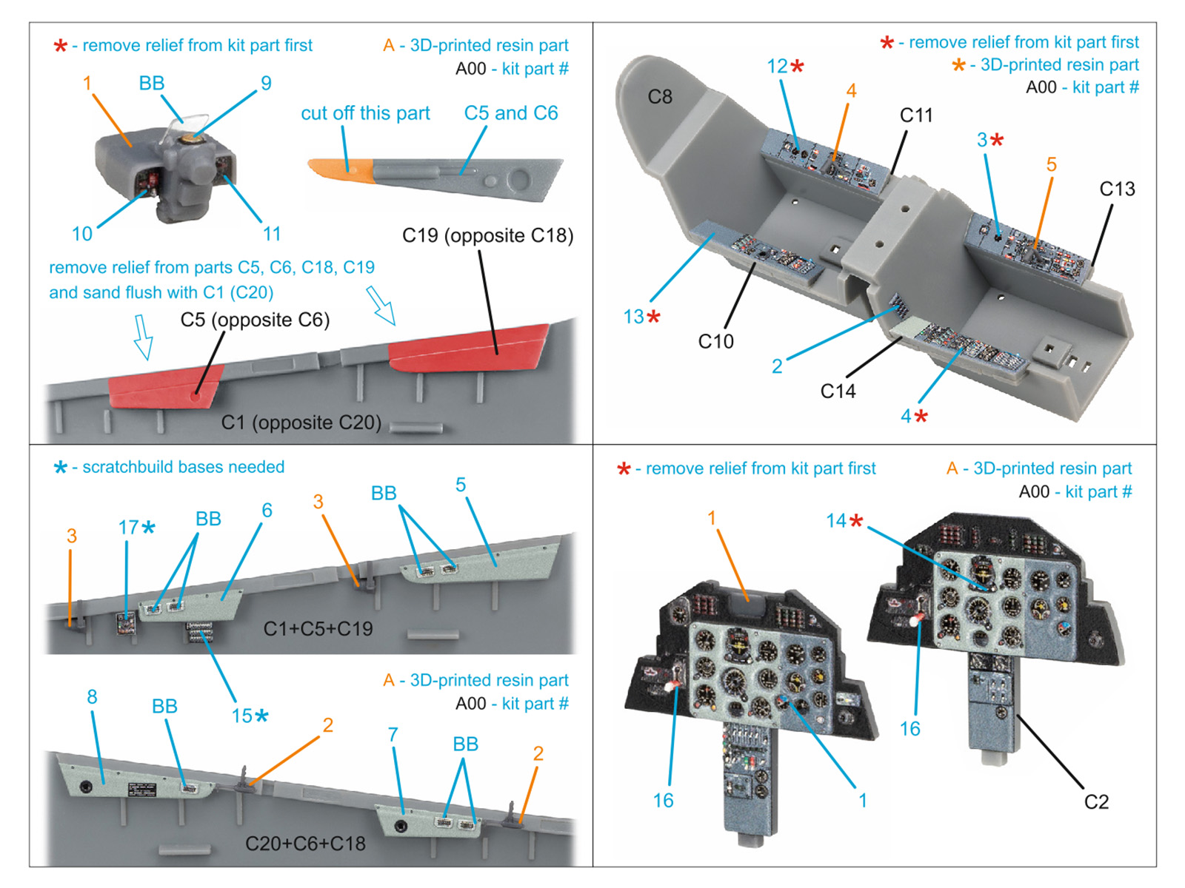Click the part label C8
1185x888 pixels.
point(660,97)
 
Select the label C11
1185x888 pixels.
point(916,115)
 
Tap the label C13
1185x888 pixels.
point(1117,189)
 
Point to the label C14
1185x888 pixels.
point(838,391)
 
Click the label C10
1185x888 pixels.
point(715,341)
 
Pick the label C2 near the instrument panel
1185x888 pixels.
point(1096,802)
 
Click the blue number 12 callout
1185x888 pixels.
point(778,67)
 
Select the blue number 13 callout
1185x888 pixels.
point(634,317)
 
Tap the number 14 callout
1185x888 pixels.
point(836,521)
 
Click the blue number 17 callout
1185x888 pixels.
point(128,527)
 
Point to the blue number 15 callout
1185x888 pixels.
point(242,716)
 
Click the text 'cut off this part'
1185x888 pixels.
point(365,113)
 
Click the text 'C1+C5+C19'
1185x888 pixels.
point(318,628)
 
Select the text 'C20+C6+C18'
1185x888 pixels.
point(305,844)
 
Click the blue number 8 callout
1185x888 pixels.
point(92,696)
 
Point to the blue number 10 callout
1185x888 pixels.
point(81,234)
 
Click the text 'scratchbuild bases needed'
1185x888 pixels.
point(183,467)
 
